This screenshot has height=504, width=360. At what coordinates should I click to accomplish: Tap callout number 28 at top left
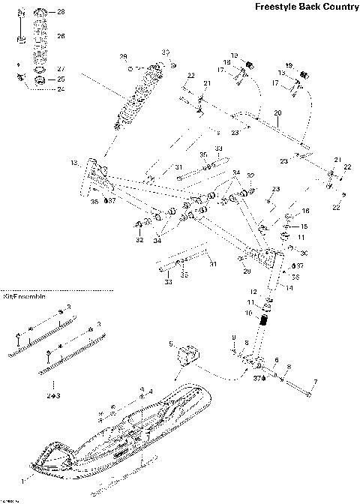coord(61,13)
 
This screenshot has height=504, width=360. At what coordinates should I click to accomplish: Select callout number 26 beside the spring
coord(61,36)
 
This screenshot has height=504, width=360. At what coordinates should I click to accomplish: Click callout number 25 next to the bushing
coord(61,79)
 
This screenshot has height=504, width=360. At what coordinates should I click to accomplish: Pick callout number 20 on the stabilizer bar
coord(277,113)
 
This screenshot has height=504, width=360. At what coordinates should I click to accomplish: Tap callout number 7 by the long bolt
coord(315,382)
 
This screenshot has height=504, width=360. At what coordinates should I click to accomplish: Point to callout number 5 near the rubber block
coord(171,343)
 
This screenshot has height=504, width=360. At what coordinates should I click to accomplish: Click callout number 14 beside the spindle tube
coord(289,286)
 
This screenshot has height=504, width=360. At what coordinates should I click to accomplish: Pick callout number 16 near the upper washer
coord(305,211)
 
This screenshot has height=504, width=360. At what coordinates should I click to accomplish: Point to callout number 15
coord(304,226)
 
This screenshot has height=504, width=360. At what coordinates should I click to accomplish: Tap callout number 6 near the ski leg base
coord(276,359)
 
